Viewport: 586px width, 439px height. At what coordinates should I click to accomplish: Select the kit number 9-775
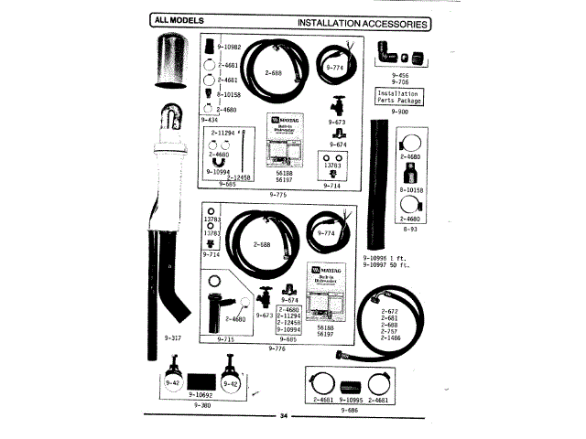click(x=279, y=195)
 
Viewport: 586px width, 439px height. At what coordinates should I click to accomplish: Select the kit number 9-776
click(x=278, y=348)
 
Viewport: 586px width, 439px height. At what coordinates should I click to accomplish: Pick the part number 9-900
click(x=399, y=111)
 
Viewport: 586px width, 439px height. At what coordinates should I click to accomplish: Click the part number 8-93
click(x=409, y=230)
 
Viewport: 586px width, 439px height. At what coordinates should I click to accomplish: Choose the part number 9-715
click(x=226, y=339)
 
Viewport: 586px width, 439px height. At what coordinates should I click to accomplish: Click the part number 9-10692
click(x=201, y=395)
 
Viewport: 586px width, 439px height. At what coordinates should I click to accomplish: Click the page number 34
click(x=284, y=417)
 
